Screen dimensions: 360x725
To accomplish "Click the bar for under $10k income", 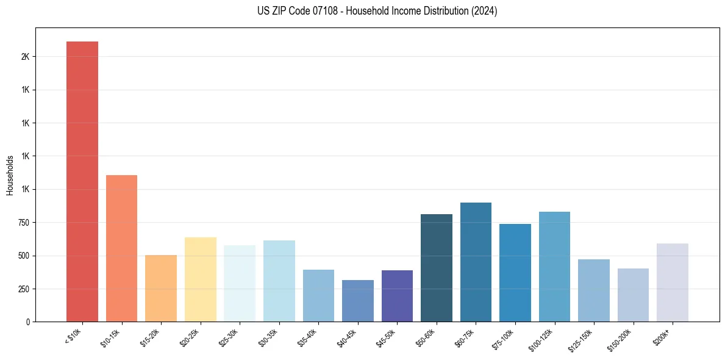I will coord(82,181).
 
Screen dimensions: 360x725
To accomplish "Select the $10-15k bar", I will coord(121,248).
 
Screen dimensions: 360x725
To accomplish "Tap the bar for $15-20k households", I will coord(161,288).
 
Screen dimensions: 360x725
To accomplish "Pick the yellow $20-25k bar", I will coord(201,279).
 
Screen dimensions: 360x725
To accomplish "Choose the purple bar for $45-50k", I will coord(397,296).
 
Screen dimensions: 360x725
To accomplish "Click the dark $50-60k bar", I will coord(437,268).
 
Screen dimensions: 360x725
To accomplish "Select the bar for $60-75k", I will coord(476,262).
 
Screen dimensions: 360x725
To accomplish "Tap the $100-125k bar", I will coord(554,267).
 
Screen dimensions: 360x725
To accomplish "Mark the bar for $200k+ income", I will coord(673,283).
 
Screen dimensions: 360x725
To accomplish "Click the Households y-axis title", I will coord(10,175).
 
